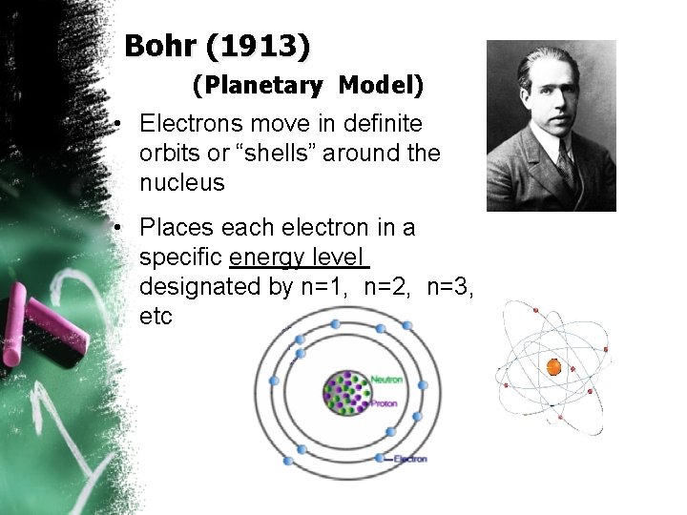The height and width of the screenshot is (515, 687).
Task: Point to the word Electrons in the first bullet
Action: [x=188, y=124]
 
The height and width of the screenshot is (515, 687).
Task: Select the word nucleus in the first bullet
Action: [x=182, y=183]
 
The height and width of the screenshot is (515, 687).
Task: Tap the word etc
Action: [x=156, y=317]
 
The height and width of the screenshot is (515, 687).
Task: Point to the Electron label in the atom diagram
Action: [x=409, y=459]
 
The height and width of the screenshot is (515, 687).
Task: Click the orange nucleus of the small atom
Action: [x=552, y=366]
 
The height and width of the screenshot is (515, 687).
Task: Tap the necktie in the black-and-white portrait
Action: [x=566, y=168]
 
